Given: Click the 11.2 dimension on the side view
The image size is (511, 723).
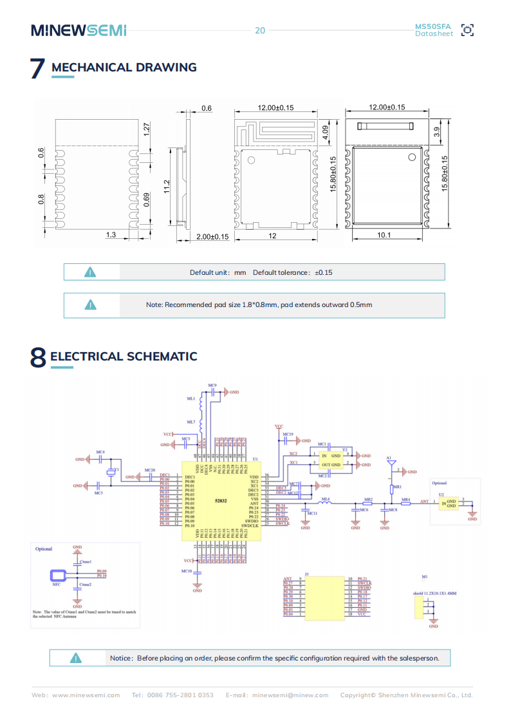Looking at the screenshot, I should (x=167, y=186).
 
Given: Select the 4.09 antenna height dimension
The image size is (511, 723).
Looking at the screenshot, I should (x=325, y=133).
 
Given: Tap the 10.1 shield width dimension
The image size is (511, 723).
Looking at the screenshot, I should (x=384, y=236).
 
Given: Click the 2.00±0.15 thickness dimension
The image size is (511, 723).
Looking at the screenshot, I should (x=212, y=236).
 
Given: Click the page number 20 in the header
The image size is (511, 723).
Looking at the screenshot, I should (x=260, y=30).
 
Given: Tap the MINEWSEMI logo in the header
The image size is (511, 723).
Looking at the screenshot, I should (x=79, y=30).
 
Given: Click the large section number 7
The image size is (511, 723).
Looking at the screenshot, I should (x=37, y=69).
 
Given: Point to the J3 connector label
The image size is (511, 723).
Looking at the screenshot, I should (x=306, y=573).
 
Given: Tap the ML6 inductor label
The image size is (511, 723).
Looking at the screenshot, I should (x=325, y=499).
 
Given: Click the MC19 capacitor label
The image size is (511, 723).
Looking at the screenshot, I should (x=288, y=435).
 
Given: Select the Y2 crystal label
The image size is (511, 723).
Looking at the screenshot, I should (x=345, y=449).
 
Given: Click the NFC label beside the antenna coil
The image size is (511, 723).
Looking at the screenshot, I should (x=56, y=585).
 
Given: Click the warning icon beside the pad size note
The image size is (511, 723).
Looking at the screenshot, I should (x=91, y=305).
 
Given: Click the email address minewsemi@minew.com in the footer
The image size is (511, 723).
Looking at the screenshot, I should (x=290, y=695).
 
